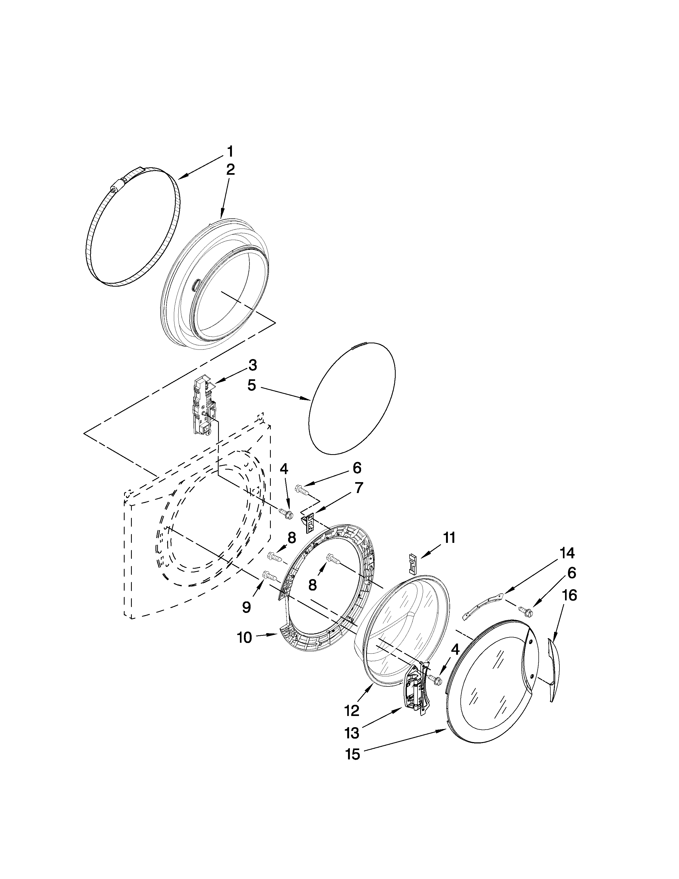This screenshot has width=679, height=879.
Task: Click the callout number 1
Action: pos(230,152)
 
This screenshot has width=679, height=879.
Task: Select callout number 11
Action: pos(449,538)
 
